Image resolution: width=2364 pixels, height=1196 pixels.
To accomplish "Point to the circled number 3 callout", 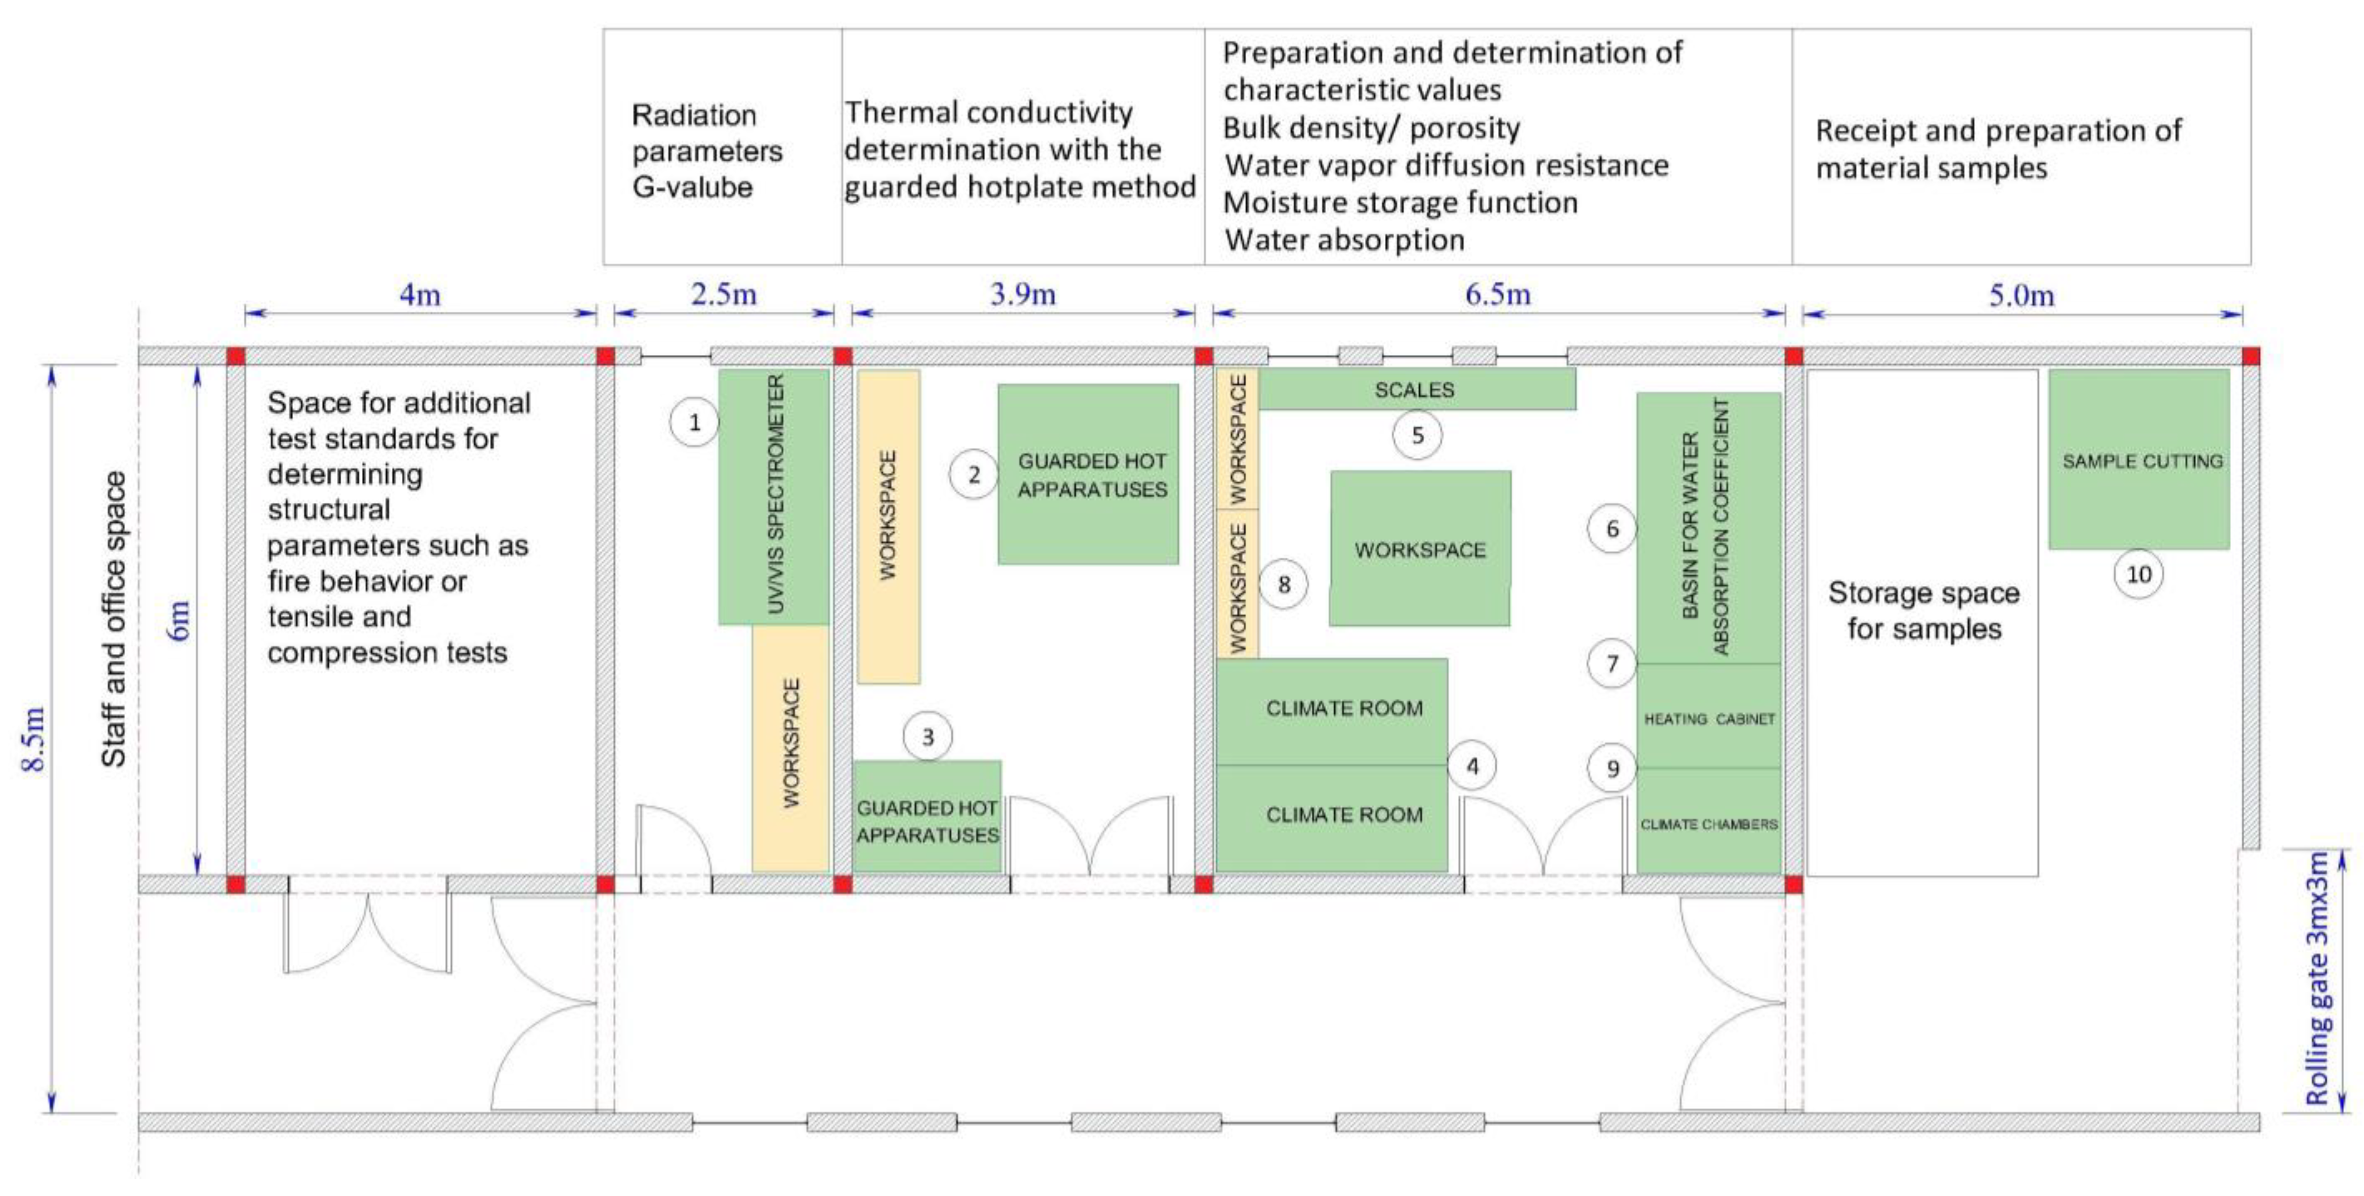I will pos(928,736).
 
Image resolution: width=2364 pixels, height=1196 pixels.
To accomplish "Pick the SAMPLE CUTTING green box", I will pos(2139,461).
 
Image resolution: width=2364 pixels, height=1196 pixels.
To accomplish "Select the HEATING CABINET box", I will pos(1709,718).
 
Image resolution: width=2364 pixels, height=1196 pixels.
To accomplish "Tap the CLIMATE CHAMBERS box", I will pos(1709,823).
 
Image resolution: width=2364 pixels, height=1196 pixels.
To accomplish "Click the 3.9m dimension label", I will pos(1022,295).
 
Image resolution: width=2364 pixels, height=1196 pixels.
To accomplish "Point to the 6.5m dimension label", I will pos(1498,295).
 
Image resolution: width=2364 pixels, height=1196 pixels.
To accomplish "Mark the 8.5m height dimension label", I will pos(34,739).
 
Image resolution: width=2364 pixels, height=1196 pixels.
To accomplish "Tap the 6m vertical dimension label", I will pos(180,620).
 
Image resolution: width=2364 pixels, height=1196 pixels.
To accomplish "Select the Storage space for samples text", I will pos(1923,611).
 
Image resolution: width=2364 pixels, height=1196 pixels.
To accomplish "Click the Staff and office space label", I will pos(114,620).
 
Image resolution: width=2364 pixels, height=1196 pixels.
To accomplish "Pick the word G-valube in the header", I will pos(692,187).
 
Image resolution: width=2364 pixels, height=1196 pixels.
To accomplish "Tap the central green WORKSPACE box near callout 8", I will pos(1420,549).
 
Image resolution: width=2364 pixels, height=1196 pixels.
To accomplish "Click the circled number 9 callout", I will pos(1613,769).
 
